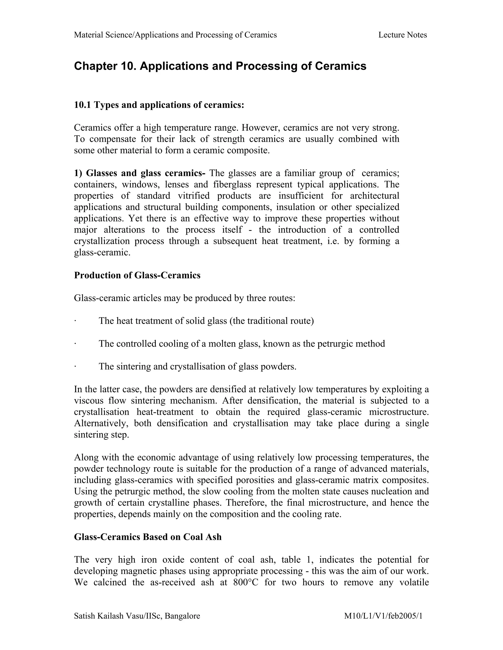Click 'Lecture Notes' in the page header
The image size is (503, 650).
pyautogui.click(x=402, y=35)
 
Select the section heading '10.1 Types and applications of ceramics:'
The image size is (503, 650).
pyautogui.click(x=159, y=105)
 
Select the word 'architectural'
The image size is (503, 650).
pyautogui.click(x=374, y=195)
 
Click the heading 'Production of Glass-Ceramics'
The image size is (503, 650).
pyautogui.click(x=137, y=275)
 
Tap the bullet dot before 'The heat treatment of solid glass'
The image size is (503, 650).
pyautogui.click(x=75, y=321)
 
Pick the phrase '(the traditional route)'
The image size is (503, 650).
pyautogui.click(x=271, y=321)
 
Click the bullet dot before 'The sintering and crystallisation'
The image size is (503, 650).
pyautogui.click(x=75, y=366)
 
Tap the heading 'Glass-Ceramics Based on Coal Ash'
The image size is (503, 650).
pyautogui.click(x=148, y=537)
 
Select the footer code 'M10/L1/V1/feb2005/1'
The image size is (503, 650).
pyautogui.click(x=383, y=616)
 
